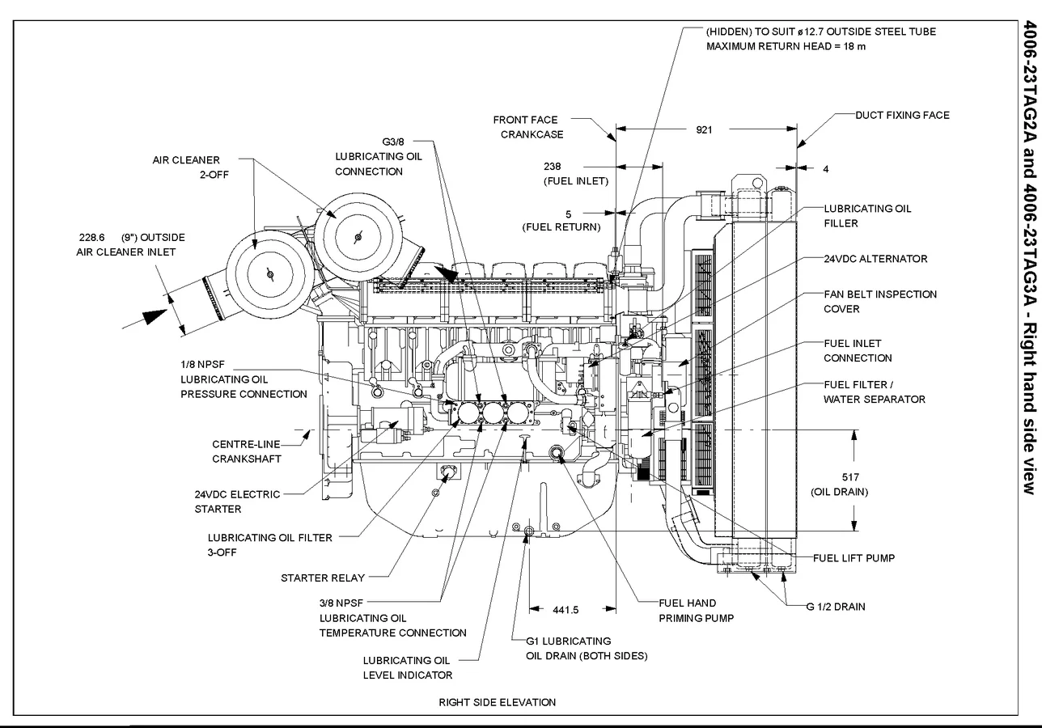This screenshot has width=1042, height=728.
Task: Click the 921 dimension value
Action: [704, 129]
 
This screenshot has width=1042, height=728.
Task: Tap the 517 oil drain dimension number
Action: [850, 477]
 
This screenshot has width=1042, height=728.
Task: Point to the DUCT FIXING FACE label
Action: [902, 115]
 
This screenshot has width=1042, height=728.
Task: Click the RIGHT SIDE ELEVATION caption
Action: [497, 702]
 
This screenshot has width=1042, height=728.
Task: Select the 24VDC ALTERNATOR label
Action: [875, 259]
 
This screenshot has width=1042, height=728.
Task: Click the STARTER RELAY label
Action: [322, 578]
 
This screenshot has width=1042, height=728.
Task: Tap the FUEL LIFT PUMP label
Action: [854, 558]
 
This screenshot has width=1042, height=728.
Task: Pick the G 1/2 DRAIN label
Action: [835, 607]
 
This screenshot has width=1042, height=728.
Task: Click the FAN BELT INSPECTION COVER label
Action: [879, 302]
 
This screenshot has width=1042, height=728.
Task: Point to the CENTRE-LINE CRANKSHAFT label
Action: [246, 451]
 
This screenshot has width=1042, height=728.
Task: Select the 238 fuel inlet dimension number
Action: [575, 167]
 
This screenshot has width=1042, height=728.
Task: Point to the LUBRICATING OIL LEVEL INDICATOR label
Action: [407, 667]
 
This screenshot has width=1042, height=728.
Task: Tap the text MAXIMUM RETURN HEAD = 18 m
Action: [786, 46]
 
